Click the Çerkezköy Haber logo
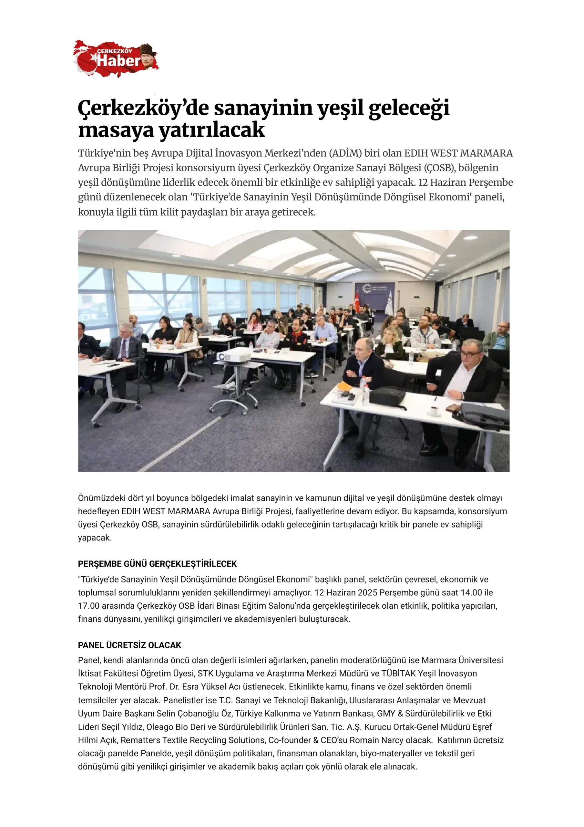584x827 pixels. [x=116, y=59]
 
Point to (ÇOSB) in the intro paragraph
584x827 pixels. [x=439, y=168]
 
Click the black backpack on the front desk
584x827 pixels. [x=387, y=395]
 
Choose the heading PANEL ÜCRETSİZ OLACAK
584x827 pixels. [x=130, y=645]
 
